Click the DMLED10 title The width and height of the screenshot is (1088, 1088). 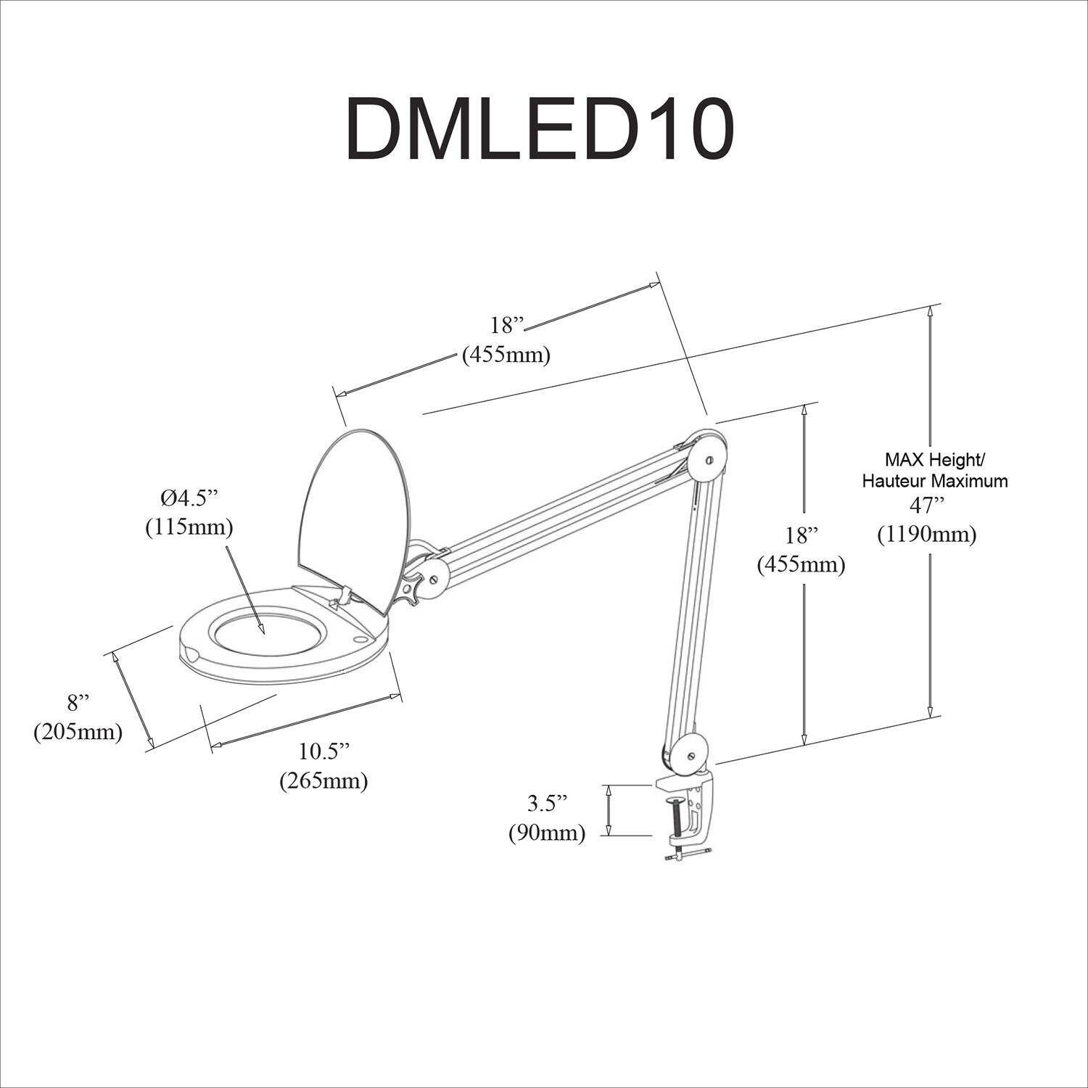[540, 128]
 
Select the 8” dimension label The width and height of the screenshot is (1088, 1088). [78, 702]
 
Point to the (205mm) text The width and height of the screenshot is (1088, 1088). [78, 732]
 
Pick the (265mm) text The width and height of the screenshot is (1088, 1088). [323, 780]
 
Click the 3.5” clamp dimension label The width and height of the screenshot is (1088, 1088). [547, 803]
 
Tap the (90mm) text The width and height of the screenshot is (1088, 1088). [547, 833]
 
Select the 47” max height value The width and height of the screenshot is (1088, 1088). [926, 506]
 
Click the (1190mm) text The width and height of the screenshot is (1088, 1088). [926, 535]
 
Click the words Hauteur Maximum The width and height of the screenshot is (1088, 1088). [934, 480]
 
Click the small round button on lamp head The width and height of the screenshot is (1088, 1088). [360, 639]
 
